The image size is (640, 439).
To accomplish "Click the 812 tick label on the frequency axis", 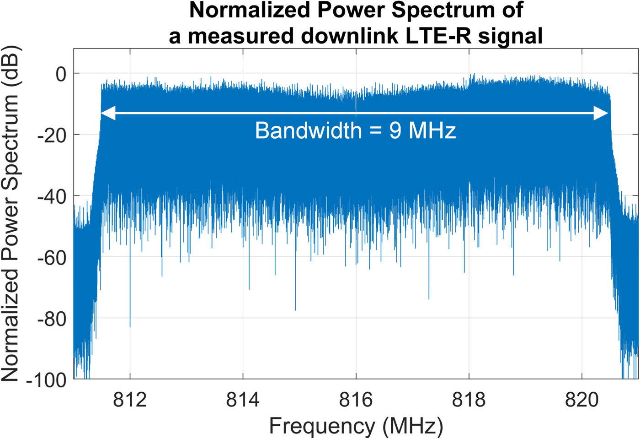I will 130,400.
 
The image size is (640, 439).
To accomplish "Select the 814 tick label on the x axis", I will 243,400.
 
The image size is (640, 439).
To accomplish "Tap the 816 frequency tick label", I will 356,400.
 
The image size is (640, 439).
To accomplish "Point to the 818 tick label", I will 469,400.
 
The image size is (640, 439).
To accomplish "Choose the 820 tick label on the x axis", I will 581,400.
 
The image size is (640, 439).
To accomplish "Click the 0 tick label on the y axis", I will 61,74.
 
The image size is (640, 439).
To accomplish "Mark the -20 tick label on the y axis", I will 52,135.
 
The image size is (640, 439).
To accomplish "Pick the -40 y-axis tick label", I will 52,196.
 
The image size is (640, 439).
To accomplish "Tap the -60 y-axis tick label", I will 52,258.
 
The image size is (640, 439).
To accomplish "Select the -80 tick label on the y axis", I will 52,319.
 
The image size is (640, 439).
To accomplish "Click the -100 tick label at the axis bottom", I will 47,379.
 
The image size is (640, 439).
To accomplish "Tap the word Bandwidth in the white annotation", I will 308,131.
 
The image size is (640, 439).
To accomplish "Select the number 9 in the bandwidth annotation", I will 395,131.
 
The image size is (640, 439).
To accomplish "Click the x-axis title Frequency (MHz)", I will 356,426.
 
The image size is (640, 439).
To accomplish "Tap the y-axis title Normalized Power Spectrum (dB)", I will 11,213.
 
